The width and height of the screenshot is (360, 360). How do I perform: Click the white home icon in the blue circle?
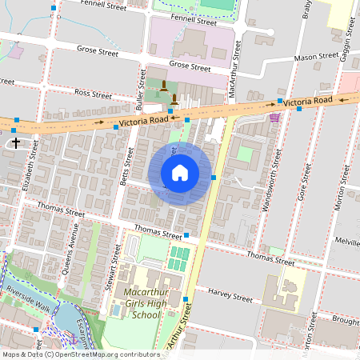pyautogui.click(x=180, y=173)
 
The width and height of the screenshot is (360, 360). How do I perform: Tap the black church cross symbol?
pyautogui.click(x=15, y=142)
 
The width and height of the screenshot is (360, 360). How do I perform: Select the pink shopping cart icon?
pyautogui.click(x=275, y=117)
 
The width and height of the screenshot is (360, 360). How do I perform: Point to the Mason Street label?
pyautogui.click(x=316, y=58)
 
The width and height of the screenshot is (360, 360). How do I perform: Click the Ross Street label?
pyautogui.click(x=93, y=94)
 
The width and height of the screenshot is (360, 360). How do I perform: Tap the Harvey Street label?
pyautogui.click(x=230, y=296)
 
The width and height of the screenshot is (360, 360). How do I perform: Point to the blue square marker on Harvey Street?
pyautogui.click(x=185, y=298)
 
